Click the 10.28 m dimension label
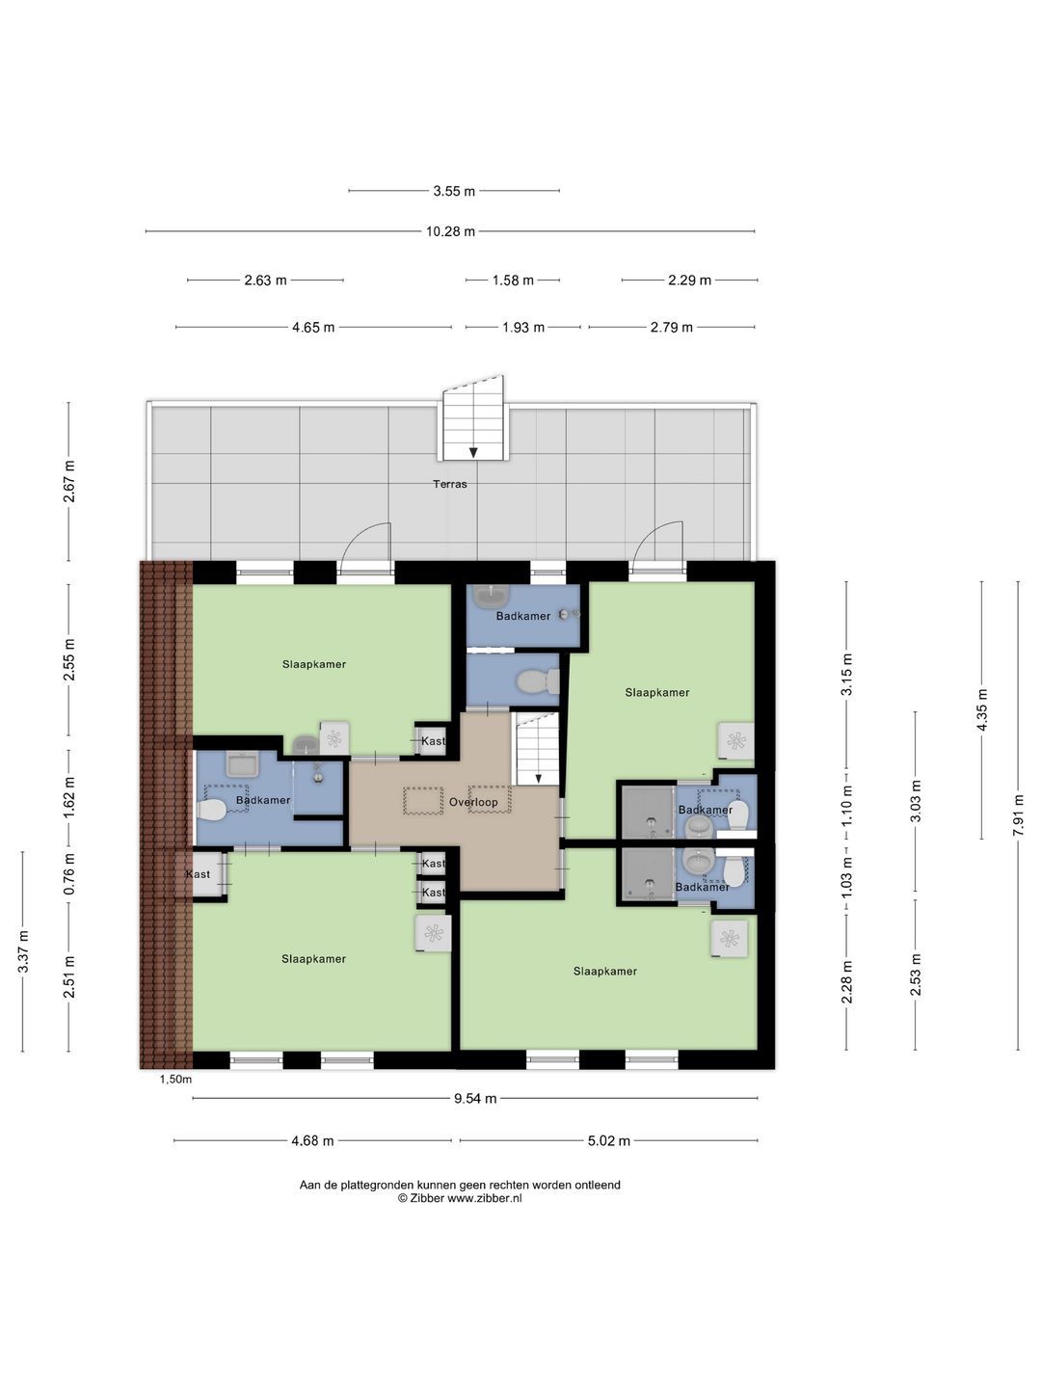point(450,231)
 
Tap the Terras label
point(450,484)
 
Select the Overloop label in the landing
point(473,802)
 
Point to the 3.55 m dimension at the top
point(454,191)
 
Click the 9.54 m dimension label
point(475,1099)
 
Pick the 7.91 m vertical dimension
point(1018,815)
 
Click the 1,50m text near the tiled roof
point(175,1080)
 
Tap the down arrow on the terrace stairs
point(473,451)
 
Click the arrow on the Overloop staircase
point(539,779)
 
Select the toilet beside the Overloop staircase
point(538,681)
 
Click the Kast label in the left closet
point(198,874)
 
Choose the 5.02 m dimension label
point(609,1140)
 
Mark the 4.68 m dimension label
point(312,1140)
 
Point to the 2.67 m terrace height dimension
point(68,481)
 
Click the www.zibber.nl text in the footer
point(485,1198)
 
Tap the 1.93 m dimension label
point(523,328)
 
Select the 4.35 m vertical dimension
point(982,709)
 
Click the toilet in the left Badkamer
point(211,809)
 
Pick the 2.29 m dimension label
point(689,280)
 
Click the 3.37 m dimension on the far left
point(23,951)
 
